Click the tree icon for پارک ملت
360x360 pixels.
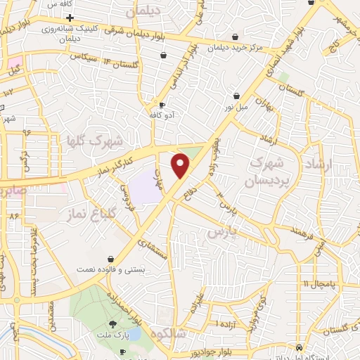point(123,325)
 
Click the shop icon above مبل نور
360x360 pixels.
point(237,96)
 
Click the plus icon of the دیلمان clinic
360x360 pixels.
point(70,16)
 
